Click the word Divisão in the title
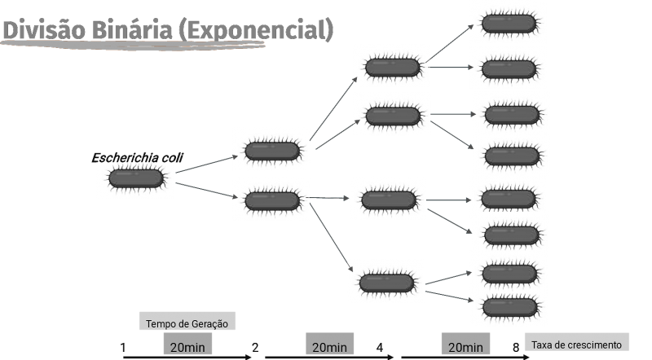pyautogui.click(x=38, y=30)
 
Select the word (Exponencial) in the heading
pyautogui.click(x=256, y=30)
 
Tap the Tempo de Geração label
pyautogui.click(x=187, y=323)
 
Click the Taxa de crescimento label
pyautogui.click(x=577, y=345)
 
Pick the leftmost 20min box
pyautogui.click(x=187, y=347)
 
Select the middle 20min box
pyautogui.click(x=329, y=347)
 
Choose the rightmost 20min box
pyautogui.click(x=465, y=347)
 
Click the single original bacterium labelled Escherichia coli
pyautogui.click(x=134, y=178)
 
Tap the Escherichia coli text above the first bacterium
pyautogui.click(x=139, y=157)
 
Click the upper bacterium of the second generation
pyautogui.click(x=271, y=150)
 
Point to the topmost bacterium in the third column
pyautogui.click(x=391, y=68)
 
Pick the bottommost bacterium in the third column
pyautogui.click(x=386, y=282)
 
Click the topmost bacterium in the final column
pyautogui.click(x=509, y=23)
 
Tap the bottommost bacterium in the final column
pyautogui.click(x=509, y=306)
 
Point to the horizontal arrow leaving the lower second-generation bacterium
pyautogui.click(x=329, y=197)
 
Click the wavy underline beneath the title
pyautogui.click(x=134, y=46)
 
